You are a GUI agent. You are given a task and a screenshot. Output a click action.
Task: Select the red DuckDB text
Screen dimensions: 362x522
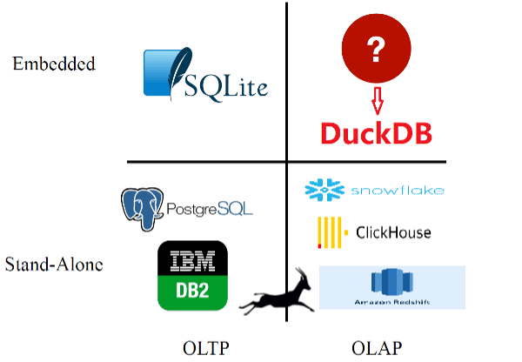pos(376,133)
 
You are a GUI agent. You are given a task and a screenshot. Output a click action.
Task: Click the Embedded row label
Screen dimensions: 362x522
pos(53,64)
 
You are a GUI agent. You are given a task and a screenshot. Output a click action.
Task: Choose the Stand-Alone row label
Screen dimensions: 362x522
pos(54,262)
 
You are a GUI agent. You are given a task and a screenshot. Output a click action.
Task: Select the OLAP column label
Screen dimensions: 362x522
pos(377,348)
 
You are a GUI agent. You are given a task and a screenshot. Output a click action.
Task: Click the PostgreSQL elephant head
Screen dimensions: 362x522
pos(142,206)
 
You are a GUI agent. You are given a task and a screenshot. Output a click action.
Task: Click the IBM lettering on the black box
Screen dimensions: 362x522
pos(192,260)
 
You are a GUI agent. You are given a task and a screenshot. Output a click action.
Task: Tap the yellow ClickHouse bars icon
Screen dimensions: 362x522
pos(329,231)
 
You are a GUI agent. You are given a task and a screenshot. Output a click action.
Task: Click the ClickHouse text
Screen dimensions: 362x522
pos(393,232)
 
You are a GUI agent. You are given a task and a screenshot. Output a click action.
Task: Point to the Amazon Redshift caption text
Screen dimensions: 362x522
pos(384,302)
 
